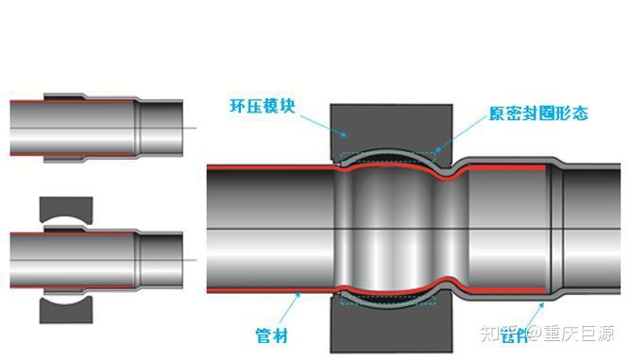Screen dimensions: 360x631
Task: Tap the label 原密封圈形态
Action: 538,113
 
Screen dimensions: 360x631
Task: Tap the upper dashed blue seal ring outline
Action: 387,153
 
